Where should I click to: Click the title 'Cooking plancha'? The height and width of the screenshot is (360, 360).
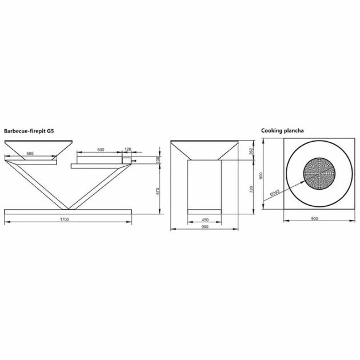coord(282,131)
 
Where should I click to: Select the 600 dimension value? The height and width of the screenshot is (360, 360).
coord(101,150)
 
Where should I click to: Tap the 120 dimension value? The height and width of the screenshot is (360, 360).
coord(127,150)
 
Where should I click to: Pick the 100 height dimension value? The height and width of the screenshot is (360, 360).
coord(157,159)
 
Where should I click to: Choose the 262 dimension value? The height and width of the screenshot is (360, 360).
coord(252,151)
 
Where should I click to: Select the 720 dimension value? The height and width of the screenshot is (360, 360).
coord(252,188)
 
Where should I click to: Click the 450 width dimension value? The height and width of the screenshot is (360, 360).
coord(203,219)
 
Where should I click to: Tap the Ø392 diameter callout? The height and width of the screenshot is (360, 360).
coord(276,193)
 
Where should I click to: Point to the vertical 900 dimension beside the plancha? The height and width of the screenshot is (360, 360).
coord(260,177)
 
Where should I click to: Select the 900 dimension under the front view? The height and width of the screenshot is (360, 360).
coord(204,227)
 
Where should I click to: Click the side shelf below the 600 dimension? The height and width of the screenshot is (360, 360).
coord(100,166)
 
